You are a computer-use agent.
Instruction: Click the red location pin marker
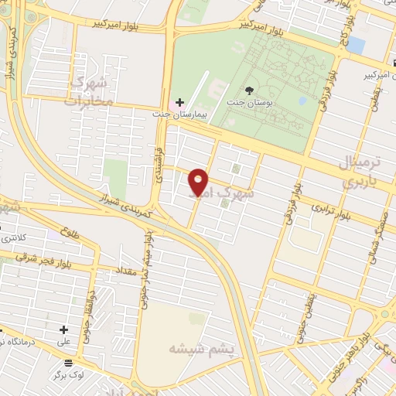click(x=199, y=181)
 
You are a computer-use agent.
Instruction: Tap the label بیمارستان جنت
click(x=186, y=114)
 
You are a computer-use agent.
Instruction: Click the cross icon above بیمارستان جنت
click(x=179, y=102)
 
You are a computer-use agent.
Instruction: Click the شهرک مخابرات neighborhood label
click(x=89, y=91)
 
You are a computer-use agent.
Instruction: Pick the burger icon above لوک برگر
click(x=68, y=362)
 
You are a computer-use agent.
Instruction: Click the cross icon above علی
click(x=63, y=329)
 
